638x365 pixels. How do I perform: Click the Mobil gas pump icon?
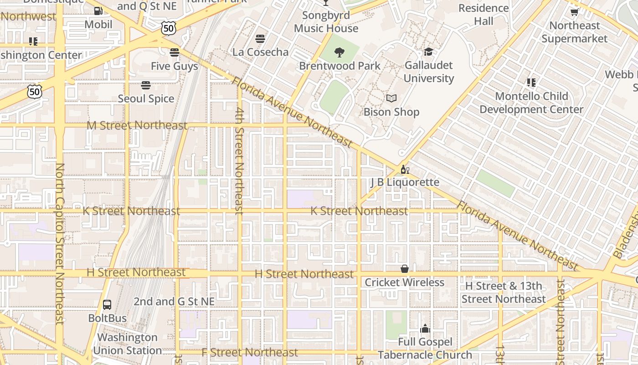pos(98,11)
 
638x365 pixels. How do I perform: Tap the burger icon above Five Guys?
pos(175,52)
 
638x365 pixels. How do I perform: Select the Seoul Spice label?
pos(146,99)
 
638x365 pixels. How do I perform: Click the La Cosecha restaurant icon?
pos(260,39)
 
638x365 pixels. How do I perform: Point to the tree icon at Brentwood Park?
pos(340,52)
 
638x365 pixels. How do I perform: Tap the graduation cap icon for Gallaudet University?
pos(428,52)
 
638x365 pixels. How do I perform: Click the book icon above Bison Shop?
pos(391,98)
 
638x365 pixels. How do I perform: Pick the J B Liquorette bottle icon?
pos(404,169)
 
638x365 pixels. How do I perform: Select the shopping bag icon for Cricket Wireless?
pos(404,269)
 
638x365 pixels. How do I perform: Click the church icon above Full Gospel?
pos(425,328)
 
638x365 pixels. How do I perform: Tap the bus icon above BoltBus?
pos(107,305)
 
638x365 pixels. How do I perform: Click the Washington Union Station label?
pos(127,344)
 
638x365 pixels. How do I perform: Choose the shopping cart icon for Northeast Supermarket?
pos(574,12)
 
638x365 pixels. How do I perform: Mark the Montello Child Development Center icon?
pos(531,83)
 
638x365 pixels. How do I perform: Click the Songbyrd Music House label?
pos(326,21)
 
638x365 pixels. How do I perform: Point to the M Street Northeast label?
pos(137,125)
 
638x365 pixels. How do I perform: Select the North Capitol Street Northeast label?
pos(59,244)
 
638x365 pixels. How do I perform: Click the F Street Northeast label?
pos(250,352)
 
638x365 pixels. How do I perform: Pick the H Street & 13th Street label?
pos(503,292)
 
